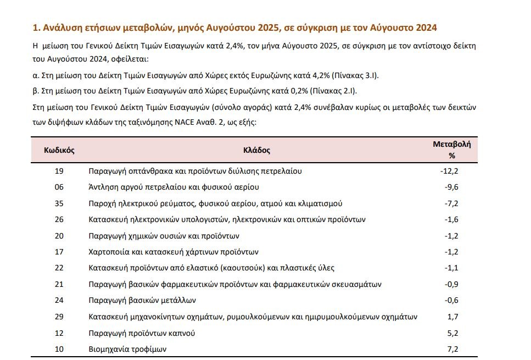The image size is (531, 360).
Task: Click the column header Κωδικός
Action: tap(59, 149)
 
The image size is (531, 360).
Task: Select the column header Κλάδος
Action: tap(256, 149)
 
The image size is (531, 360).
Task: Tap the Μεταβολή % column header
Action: tap(452, 149)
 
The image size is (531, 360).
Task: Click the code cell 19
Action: tap(59, 171)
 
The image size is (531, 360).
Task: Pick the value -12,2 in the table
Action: tap(449, 171)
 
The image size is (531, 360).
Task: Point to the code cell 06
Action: tap(59, 187)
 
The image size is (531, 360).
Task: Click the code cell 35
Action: tap(59, 203)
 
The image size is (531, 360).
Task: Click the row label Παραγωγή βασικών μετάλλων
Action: tap(142, 301)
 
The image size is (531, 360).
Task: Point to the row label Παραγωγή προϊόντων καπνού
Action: tap(142, 333)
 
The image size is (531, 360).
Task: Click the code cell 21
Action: tap(59, 285)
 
